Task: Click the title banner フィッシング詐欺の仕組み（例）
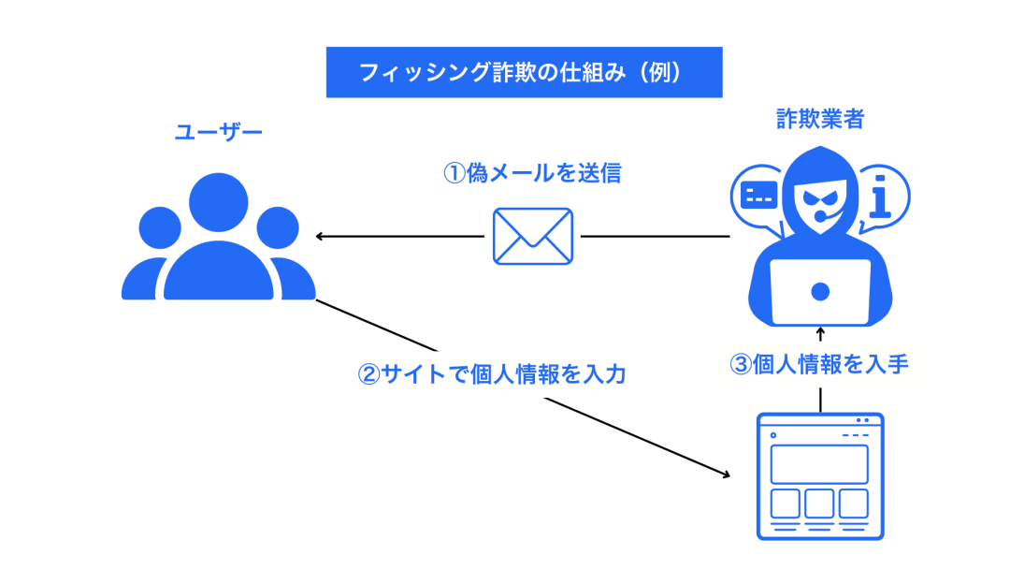pyautogui.click(x=524, y=72)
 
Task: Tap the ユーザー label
pyautogui.click(x=219, y=132)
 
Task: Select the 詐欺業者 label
pyautogui.click(x=820, y=119)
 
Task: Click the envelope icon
pyautogui.click(x=532, y=236)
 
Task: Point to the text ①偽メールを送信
pyautogui.click(x=531, y=173)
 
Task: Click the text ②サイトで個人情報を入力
pyautogui.click(x=492, y=374)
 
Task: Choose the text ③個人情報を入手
pyautogui.click(x=818, y=364)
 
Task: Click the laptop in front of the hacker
pyautogui.click(x=820, y=291)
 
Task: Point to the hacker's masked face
pyautogui.click(x=819, y=197)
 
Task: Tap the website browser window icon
pyautogui.click(x=819, y=476)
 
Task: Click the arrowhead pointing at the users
pyautogui.click(x=320, y=236)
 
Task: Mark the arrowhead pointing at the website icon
pyautogui.click(x=726, y=474)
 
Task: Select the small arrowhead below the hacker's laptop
pyautogui.click(x=820, y=331)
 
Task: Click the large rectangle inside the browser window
pyautogui.click(x=819, y=463)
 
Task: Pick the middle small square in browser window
pyautogui.click(x=819, y=503)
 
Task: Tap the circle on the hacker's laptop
pyautogui.click(x=820, y=291)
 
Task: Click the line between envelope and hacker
pyautogui.click(x=655, y=236)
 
